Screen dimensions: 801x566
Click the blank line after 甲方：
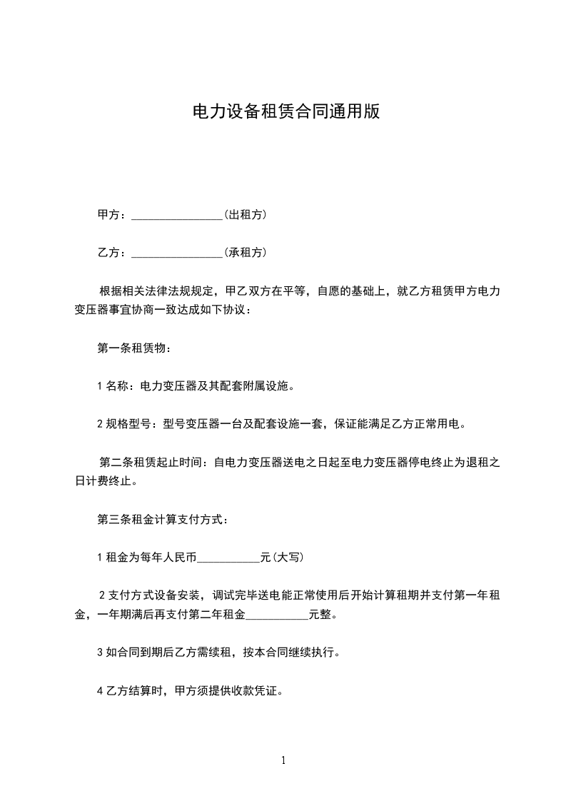pos(178,216)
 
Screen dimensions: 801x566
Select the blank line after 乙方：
pos(178,253)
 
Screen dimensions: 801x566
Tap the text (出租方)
pos(246,214)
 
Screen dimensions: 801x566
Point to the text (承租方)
pos(246,252)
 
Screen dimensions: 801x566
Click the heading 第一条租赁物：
pos(134,348)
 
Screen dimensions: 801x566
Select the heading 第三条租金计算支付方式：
pos(163,519)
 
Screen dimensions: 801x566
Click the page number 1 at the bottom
pos(283,760)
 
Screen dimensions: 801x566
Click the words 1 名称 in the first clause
pos(114,386)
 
